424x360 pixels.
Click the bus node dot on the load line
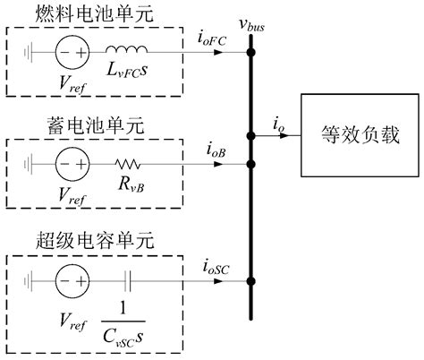coord(251,139)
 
